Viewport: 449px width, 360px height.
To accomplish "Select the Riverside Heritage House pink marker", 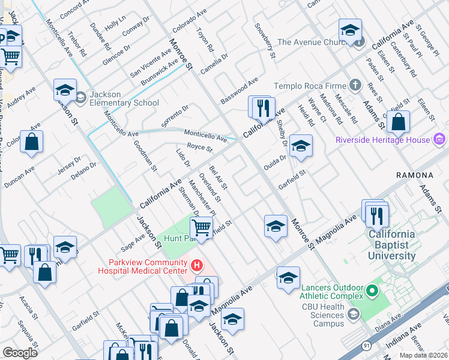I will [439, 140].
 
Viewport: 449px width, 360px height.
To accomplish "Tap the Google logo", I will [20, 353].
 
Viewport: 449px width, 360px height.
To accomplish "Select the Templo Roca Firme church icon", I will [355, 86].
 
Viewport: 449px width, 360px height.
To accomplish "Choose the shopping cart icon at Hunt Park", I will [201, 227].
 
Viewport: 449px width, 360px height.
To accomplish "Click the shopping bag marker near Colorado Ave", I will [32, 142].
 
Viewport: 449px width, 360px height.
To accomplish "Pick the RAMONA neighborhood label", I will [414, 175].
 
